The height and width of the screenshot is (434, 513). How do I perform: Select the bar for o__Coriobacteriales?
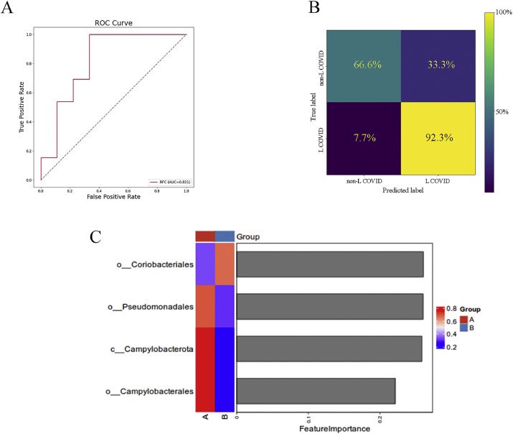coord(329,264)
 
